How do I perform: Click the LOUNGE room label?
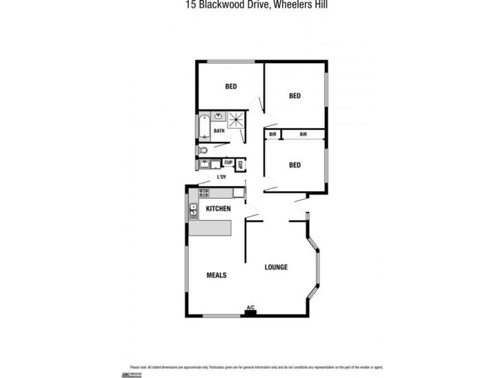coord(276,267)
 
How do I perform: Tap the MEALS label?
coord(217,275)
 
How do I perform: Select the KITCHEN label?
coord(218,209)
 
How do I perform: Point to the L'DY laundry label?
coord(221,177)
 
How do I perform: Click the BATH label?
coord(219,131)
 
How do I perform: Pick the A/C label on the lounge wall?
coord(250,307)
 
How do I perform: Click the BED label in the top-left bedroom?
coord(231,86)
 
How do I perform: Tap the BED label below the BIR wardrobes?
coord(294,165)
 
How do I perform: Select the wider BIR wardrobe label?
coord(303,134)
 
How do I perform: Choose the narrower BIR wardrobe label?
coord(273,134)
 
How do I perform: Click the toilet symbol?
coord(202,150)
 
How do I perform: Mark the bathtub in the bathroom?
coord(203,126)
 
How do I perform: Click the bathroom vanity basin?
coord(219,116)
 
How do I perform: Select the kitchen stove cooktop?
coord(204,193)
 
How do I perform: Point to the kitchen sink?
coord(193,210)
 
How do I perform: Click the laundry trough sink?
coord(205,165)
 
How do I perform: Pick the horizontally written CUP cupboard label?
coord(228,163)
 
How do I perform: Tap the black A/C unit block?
coord(250,312)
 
